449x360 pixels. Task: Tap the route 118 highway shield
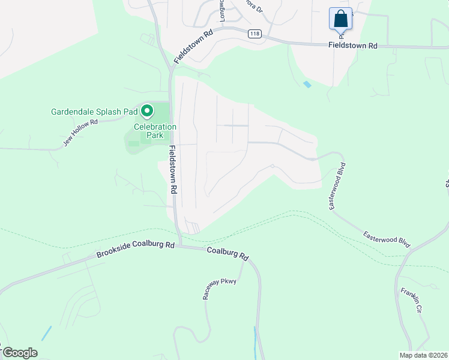[x=254, y=34]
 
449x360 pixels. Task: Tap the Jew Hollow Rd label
[x=80, y=133]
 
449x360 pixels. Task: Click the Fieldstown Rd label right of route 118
[x=352, y=46]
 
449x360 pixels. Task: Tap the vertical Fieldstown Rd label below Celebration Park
[x=173, y=169]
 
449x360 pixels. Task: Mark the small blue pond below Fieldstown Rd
[x=307, y=85]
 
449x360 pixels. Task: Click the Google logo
[x=20, y=353]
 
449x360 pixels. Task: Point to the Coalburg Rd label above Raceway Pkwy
[x=228, y=254]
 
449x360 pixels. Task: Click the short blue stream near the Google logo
[x=46, y=334]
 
